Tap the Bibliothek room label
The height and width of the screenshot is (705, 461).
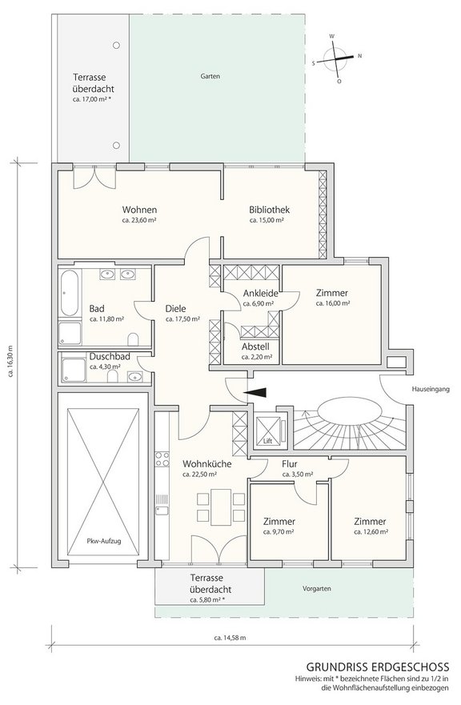(270, 210)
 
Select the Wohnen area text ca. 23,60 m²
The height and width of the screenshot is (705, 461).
(139, 220)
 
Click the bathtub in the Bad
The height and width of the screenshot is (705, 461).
(69, 293)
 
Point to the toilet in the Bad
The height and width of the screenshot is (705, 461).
(133, 339)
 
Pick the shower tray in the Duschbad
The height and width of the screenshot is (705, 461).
(74, 370)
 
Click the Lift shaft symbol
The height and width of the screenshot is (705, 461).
(268, 431)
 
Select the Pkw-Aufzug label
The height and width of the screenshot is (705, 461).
(104, 541)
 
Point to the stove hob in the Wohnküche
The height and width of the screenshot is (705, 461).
(162, 459)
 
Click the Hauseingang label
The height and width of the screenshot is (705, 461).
(431, 390)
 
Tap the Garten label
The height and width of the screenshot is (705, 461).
(210, 77)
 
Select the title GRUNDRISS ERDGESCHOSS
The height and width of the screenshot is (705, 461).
(377, 667)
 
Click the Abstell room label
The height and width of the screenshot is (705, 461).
(255, 346)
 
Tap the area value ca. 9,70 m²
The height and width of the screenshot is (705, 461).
(279, 531)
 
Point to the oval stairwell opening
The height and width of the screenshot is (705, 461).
(351, 411)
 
